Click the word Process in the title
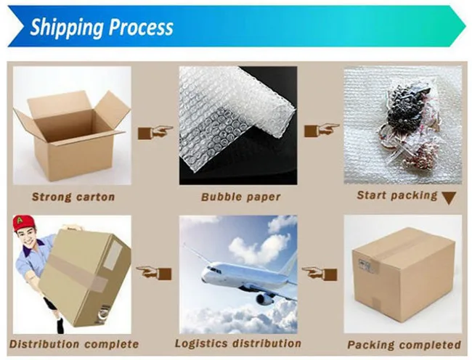point(142,28)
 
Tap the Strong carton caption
point(73,196)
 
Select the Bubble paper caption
point(240,197)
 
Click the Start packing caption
point(396,195)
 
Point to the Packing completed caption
point(404,344)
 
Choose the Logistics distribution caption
point(238,343)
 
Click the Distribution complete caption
point(74,343)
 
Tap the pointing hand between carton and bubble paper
point(155,132)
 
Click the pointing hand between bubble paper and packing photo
point(321,131)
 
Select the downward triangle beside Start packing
point(449,197)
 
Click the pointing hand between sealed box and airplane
point(320,273)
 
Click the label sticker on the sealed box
point(365,266)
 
